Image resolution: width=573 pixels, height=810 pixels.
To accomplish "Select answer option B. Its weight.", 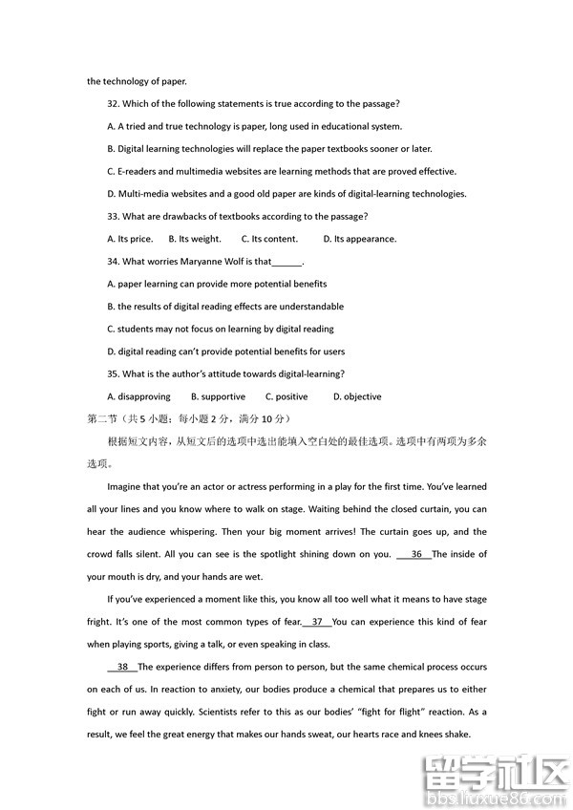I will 195,239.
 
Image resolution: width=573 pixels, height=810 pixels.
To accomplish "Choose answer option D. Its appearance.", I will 359,239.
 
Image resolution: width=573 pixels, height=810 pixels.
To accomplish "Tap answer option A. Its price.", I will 130,239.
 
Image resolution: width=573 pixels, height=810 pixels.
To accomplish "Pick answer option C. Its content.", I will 269,239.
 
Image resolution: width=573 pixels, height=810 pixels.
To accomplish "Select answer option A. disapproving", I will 139,396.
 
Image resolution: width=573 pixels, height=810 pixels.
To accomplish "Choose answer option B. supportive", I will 218,396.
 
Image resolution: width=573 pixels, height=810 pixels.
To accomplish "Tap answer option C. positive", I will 286,396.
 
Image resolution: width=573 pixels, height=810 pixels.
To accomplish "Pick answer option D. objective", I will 357,396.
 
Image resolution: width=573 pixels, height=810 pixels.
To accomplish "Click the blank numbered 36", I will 416,554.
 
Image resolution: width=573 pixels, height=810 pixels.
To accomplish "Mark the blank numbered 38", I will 122,667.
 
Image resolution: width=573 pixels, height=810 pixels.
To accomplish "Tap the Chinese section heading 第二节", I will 100,419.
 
